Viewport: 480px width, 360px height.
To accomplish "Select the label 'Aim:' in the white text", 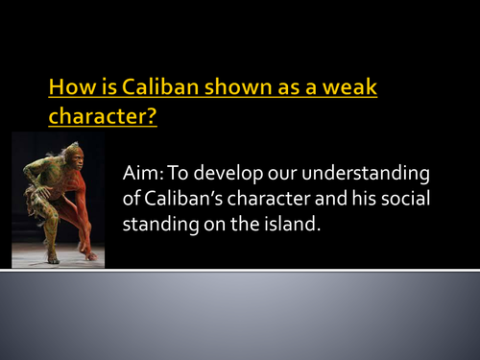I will pyautogui.click(x=141, y=174).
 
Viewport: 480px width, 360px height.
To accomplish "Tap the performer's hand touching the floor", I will pyautogui.click(x=89, y=254).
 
